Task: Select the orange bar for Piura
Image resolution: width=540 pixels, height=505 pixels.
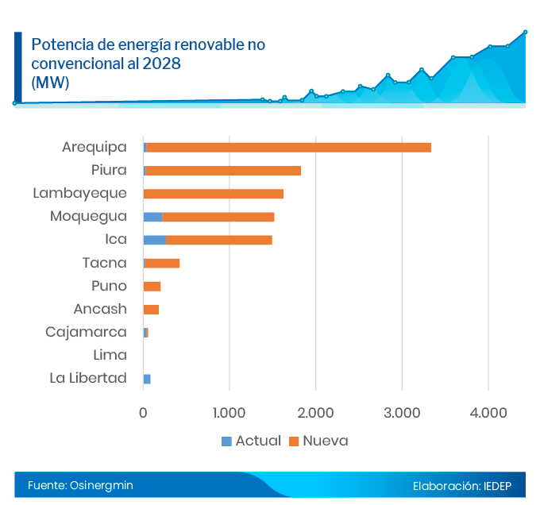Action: pyautogui.click(x=223, y=170)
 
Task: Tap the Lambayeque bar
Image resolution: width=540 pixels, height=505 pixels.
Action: pyautogui.click(x=213, y=193)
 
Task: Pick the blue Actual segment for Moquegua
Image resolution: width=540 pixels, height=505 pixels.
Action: pyautogui.click(x=152, y=217)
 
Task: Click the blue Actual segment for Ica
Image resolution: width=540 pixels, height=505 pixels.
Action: pyautogui.click(x=154, y=240)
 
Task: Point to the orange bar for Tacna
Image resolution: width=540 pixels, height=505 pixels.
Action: pyautogui.click(x=162, y=263)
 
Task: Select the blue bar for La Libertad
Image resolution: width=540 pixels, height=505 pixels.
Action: pyautogui.click(x=147, y=379)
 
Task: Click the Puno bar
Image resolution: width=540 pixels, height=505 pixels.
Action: pyautogui.click(x=152, y=286)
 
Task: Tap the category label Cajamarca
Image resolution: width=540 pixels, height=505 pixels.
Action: pyautogui.click(x=86, y=332)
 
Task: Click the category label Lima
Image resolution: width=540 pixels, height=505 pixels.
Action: pyautogui.click(x=110, y=355)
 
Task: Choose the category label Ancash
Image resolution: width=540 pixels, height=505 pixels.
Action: pyautogui.click(x=100, y=309)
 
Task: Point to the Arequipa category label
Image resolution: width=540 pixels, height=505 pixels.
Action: pyautogui.click(x=94, y=147)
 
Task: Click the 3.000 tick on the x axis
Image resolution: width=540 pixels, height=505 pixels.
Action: pyautogui.click(x=402, y=413)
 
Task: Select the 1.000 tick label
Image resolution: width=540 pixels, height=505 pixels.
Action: pyautogui.click(x=229, y=413)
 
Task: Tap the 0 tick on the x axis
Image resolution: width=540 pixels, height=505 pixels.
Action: pyautogui.click(x=143, y=413)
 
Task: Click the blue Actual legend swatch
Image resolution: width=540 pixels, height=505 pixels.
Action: pyautogui.click(x=226, y=441)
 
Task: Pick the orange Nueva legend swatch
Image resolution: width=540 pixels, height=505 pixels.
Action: pyautogui.click(x=293, y=441)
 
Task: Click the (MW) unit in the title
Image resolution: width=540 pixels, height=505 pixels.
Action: pyautogui.click(x=50, y=82)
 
